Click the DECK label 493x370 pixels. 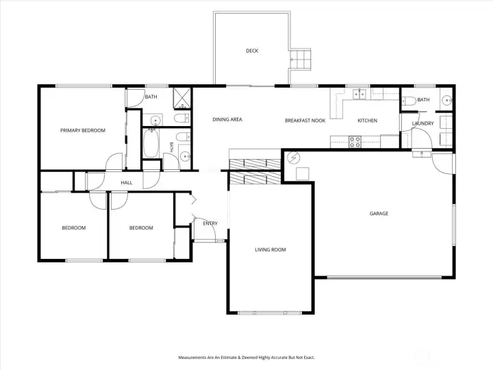pyautogui.click(x=252, y=51)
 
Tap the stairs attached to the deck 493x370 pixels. pyautogui.click(x=301, y=59)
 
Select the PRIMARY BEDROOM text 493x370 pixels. pyautogui.click(x=83, y=130)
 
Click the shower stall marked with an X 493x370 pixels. pyautogui.click(x=182, y=98)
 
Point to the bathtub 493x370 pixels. pyautogui.click(x=151, y=143)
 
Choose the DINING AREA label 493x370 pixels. pyautogui.click(x=227, y=119)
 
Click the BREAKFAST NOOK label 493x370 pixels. pyautogui.click(x=305, y=121)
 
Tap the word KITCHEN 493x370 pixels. pyautogui.click(x=367, y=121)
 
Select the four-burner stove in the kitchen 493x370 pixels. pyautogui.click(x=355, y=142)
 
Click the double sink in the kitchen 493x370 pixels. pyautogui.click(x=359, y=94)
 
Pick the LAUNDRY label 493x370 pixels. pyautogui.click(x=422, y=123)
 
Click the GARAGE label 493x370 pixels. pyautogui.click(x=379, y=213)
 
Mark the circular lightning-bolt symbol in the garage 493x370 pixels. pyautogui.click(x=293, y=158)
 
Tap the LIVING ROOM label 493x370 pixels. pyautogui.click(x=270, y=250)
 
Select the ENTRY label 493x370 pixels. pyautogui.click(x=210, y=223)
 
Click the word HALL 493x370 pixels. pyautogui.click(x=127, y=182)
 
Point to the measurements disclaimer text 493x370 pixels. pyautogui.click(x=246, y=358)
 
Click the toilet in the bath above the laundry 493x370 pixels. pyautogui.click(x=408, y=101)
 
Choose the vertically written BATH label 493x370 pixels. pyautogui.click(x=171, y=147)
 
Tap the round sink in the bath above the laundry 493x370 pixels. pyautogui.click(x=446, y=100)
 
